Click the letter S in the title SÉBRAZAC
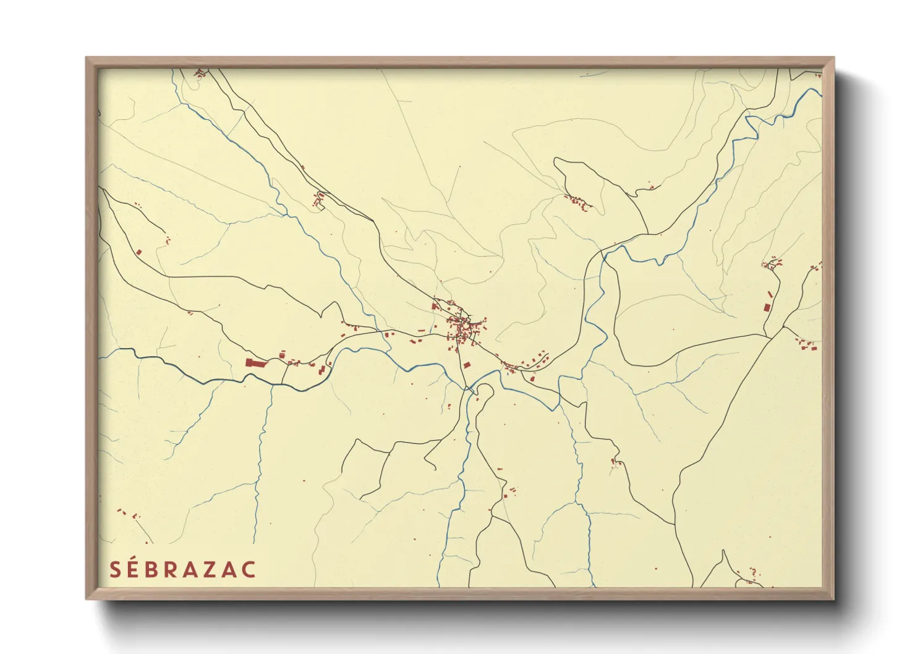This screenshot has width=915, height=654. coord(115,569)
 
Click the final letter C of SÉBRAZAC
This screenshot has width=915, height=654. coord(249,569)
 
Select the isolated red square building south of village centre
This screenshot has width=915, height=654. coord(467,365)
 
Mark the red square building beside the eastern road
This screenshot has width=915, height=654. coord(767,307)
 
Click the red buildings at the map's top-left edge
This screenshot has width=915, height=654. coord(199,73)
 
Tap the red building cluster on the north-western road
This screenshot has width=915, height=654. coord(318,200)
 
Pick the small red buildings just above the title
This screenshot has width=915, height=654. coord(128,514)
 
